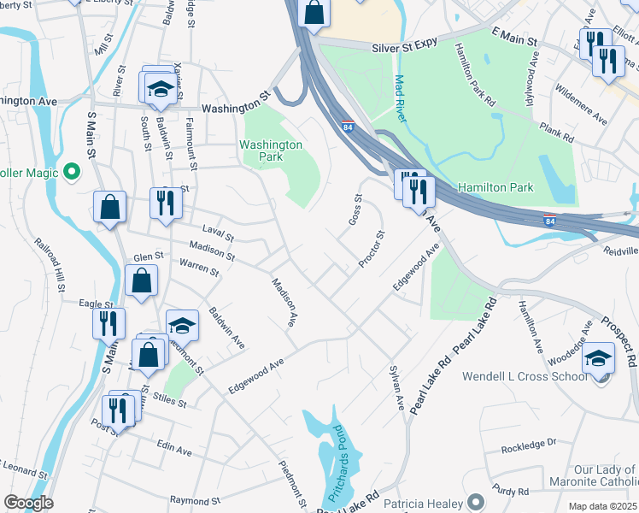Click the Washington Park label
click(271, 150)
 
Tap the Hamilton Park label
click(495, 187)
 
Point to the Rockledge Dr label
click(529, 444)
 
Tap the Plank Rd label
click(555, 133)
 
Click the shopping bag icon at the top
click(314, 13)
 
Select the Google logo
click(28, 503)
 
